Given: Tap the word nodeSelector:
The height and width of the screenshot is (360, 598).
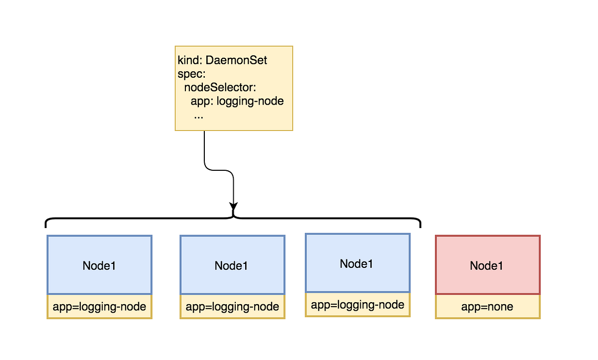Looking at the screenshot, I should (220, 88).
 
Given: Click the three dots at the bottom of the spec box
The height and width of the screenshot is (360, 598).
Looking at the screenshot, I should (198, 116).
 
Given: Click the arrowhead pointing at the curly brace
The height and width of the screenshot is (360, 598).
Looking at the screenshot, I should (233, 206).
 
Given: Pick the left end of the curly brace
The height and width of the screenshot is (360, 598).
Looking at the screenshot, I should (46, 223).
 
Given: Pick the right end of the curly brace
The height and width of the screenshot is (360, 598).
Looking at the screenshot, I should (421, 223).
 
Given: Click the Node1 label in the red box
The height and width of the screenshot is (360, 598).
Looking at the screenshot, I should (487, 266).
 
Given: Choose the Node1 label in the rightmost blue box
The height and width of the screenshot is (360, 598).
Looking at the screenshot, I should (357, 264).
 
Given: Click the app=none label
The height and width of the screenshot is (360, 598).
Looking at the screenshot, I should (487, 307).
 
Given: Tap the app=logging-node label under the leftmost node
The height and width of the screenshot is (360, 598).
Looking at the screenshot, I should (99, 307).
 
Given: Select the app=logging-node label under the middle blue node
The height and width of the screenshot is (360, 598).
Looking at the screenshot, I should (232, 307).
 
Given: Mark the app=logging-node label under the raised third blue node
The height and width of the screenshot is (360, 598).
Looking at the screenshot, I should (357, 305).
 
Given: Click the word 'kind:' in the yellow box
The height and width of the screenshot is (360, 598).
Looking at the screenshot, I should (188, 61).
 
